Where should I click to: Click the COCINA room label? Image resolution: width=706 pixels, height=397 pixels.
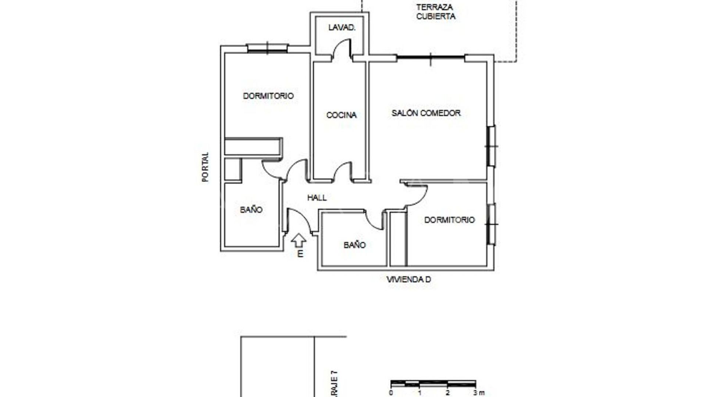[x=341, y=115]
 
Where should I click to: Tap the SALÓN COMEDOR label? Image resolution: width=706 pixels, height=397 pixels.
[x=426, y=113]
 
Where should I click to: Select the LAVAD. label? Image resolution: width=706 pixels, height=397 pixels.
[x=342, y=27]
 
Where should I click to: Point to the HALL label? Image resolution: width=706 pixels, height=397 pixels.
[x=317, y=198]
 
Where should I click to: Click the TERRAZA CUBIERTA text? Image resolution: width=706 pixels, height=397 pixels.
[x=435, y=12]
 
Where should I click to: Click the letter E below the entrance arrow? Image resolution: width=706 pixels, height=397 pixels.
[x=300, y=254]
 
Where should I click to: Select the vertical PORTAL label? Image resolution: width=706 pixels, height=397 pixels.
[x=205, y=167]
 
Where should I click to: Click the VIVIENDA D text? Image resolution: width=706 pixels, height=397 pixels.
[x=409, y=279]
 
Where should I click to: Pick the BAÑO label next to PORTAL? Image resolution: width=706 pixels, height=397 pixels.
[x=251, y=210]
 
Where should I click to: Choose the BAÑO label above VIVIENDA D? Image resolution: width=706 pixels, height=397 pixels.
[x=354, y=245]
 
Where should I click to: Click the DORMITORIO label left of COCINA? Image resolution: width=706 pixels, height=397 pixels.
[x=268, y=96]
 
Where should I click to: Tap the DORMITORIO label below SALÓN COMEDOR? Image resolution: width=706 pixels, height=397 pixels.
[x=449, y=220]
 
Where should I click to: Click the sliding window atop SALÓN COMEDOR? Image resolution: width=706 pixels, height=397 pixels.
[x=431, y=57]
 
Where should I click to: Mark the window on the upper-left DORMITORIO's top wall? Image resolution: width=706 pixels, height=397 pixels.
[x=267, y=48]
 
